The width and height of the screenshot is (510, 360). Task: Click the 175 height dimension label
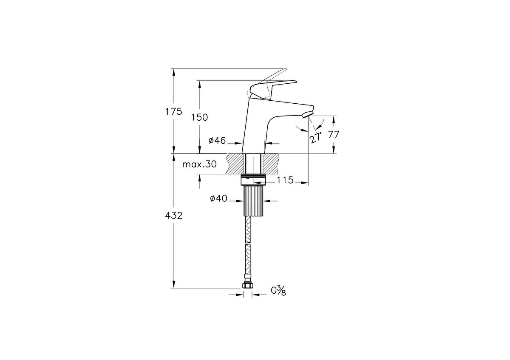(174, 112)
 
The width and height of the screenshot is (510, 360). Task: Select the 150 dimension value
(199, 117)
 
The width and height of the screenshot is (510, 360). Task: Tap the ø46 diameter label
(217, 141)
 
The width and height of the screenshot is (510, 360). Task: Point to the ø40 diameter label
(218, 198)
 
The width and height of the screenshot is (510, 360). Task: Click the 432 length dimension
(174, 215)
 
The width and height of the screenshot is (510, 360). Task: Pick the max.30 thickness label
(199, 164)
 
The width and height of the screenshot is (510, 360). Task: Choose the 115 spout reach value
(285, 180)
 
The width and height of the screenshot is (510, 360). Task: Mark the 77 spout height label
(334, 134)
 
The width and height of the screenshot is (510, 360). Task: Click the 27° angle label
(316, 137)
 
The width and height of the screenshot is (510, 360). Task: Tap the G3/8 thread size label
(278, 290)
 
